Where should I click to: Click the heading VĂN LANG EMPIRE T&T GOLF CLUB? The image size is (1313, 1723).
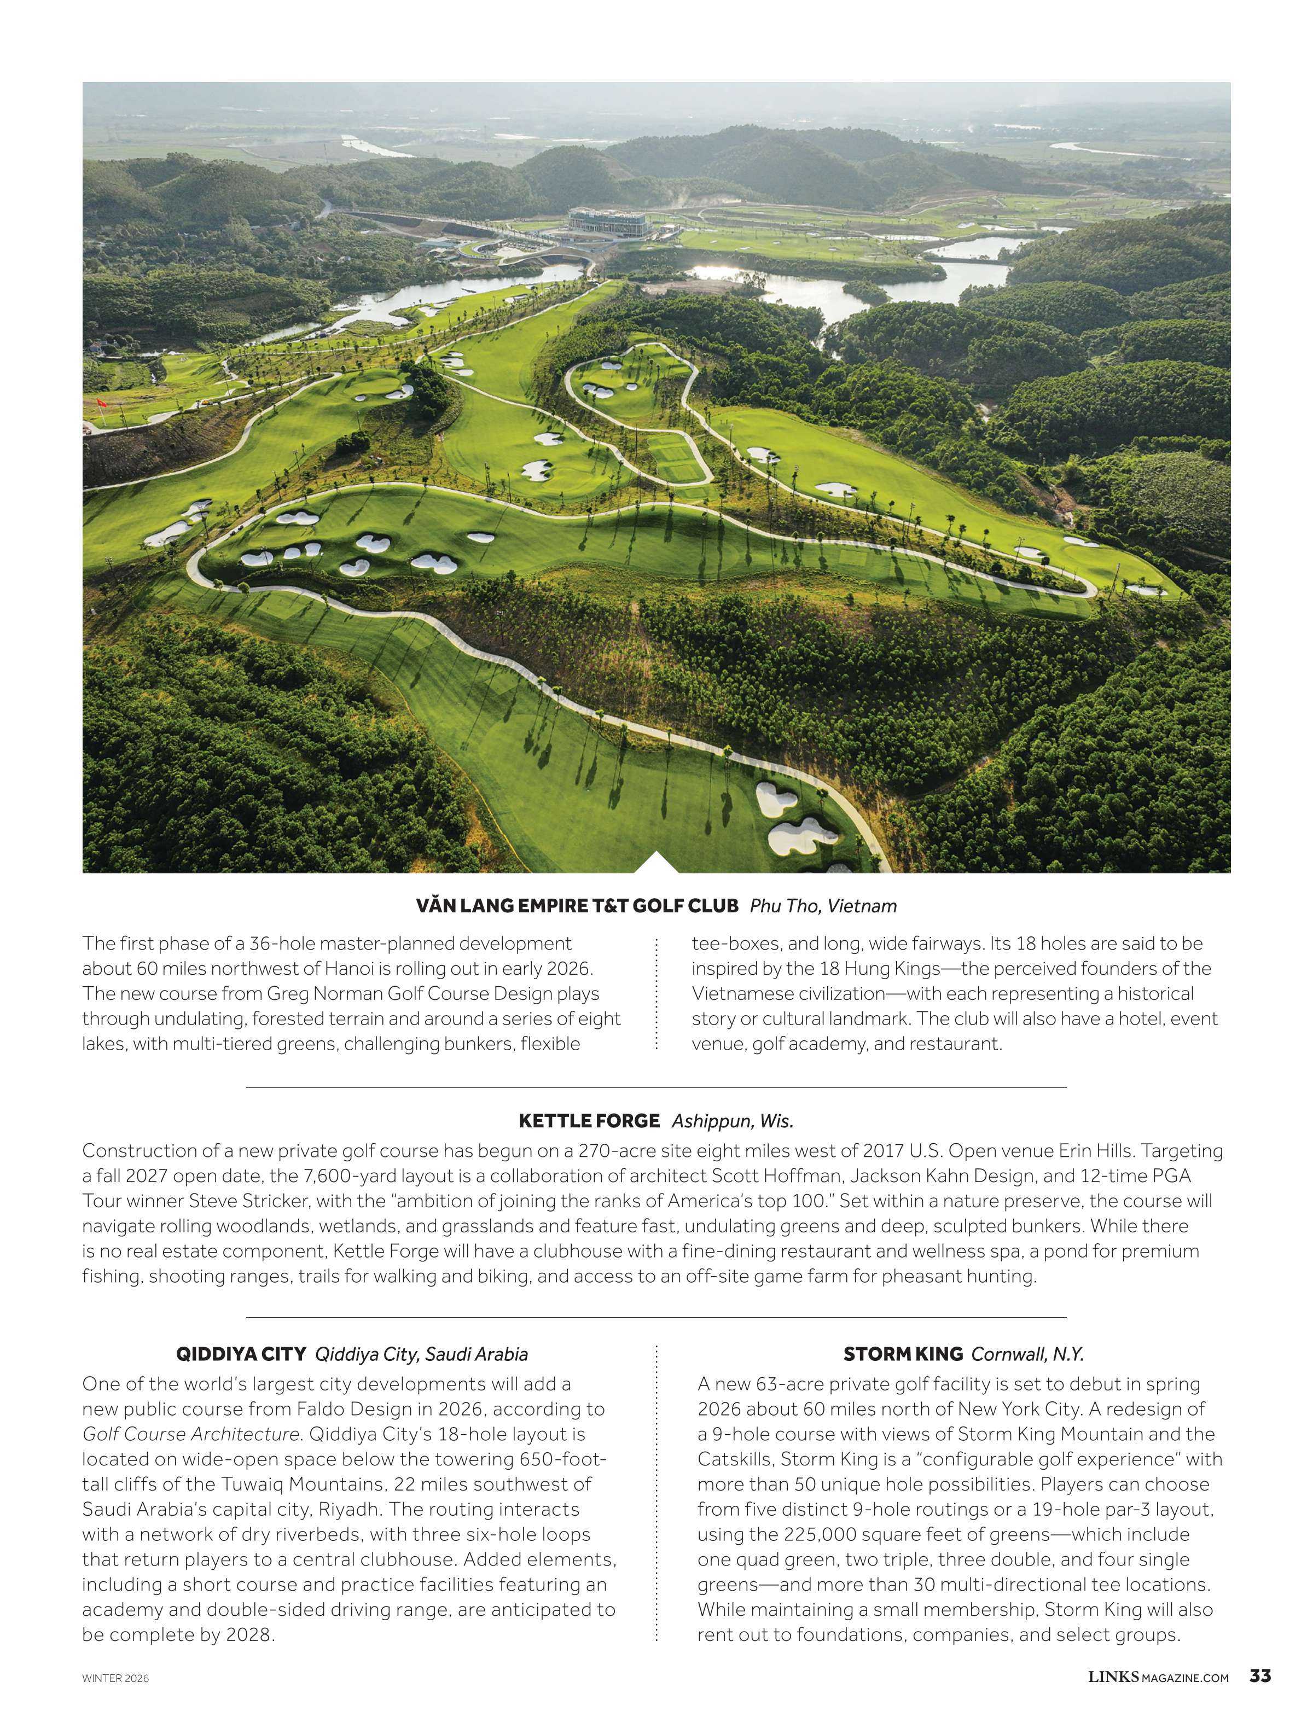point(577,906)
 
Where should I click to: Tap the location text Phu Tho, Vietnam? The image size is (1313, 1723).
point(823,906)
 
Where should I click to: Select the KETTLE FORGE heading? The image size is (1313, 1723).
point(589,1121)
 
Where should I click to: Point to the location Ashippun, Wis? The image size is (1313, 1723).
point(733,1121)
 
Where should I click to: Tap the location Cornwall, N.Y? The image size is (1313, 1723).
point(1027,1354)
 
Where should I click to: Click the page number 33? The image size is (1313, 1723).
point(1260,1676)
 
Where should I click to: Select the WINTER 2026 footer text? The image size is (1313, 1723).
point(115,1678)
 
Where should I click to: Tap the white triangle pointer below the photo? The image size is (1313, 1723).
point(656,863)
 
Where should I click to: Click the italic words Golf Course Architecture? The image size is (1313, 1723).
point(191,1434)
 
